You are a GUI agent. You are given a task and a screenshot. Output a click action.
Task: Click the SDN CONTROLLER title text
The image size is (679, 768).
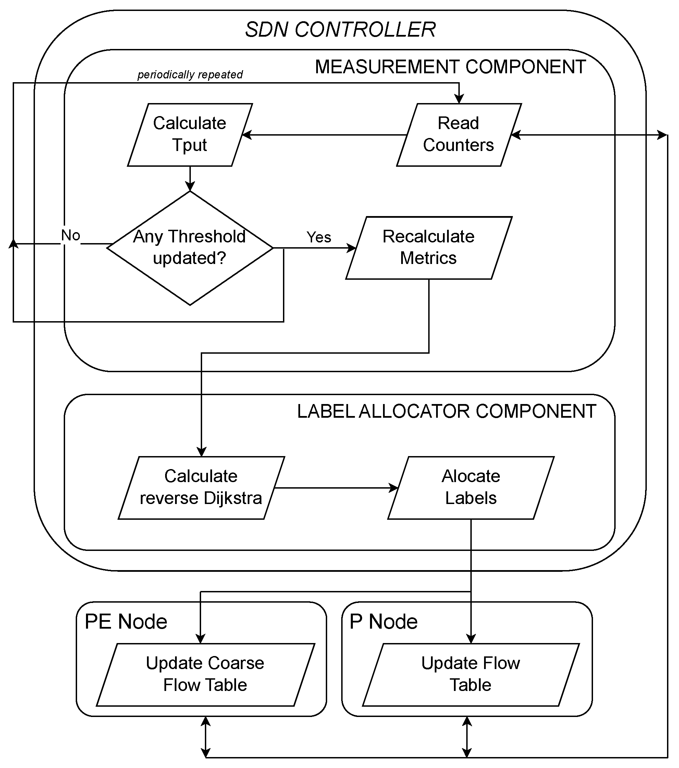(340, 30)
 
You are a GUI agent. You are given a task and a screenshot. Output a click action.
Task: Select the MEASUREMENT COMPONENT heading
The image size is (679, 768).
(450, 67)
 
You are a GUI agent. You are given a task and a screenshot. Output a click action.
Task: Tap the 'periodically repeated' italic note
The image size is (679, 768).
(190, 75)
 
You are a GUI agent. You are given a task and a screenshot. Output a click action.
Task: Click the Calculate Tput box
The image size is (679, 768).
(190, 135)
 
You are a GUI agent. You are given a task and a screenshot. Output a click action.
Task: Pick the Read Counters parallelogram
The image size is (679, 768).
(459, 135)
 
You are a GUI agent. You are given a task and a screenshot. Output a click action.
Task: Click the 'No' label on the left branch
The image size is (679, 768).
(71, 236)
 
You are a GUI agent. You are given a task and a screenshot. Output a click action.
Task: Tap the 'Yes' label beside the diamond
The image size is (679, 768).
(319, 238)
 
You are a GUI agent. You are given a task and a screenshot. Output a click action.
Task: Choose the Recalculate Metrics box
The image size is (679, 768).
(429, 248)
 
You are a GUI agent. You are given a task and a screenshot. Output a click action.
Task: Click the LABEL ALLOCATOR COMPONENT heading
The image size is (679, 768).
(446, 412)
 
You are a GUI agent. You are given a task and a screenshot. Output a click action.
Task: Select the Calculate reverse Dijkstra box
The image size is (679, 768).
(201, 488)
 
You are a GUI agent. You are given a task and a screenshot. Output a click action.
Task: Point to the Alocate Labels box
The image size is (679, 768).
(471, 488)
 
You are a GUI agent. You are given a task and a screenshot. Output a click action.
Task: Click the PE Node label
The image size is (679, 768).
(126, 621)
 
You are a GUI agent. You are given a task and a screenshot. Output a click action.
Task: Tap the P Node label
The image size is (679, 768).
(383, 621)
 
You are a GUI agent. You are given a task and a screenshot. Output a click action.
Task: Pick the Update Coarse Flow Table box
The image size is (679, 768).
(205, 675)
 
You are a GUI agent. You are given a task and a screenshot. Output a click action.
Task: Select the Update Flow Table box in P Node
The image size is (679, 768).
(471, 675)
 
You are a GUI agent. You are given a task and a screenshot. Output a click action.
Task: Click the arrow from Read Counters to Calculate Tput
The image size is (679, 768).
(323, 135)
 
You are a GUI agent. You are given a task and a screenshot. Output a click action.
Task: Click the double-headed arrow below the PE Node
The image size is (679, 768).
(206, 736)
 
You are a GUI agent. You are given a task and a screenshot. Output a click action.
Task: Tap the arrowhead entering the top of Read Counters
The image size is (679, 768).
(459, 99)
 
